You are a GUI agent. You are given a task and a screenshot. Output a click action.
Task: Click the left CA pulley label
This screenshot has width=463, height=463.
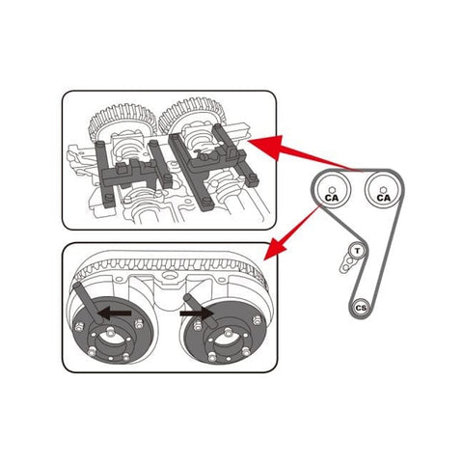pyautogui.click(x=332, y=197)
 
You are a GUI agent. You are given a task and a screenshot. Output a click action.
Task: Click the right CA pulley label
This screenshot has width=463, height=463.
pyautogui.click(x=383, y=197)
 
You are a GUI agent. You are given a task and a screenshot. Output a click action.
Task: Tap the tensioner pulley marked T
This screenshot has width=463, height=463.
pyautogui.click(x=357, y=250)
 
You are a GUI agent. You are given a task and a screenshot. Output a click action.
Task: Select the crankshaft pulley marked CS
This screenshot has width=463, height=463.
pyautogui.click(x=361, y=308)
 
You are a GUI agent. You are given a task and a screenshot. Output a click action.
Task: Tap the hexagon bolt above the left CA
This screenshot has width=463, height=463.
pyautogui.click(x=332, y=185)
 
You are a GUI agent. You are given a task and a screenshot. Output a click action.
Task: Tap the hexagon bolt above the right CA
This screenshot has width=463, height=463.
pyautogui.click(x=383, y=185)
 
